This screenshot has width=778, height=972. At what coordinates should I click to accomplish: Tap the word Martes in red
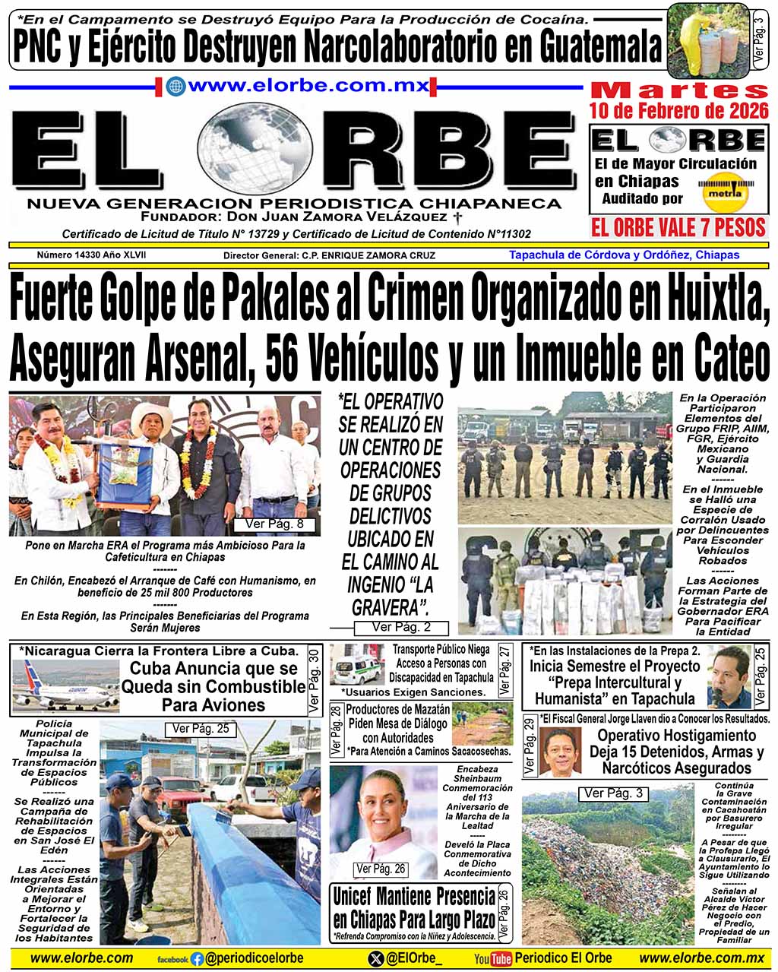click(678, 90)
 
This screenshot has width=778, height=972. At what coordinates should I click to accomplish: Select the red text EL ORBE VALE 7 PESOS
click(678, 227)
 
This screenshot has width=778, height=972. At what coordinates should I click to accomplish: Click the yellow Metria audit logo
click(723, 192)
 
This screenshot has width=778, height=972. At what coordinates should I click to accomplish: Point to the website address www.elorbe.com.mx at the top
click(308, 86)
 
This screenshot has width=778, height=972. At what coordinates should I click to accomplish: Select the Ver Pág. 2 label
click(401, 627)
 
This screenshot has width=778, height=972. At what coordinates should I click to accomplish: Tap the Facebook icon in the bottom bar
click(198, 959)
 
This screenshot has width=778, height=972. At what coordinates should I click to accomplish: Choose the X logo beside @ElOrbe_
click(375, 959)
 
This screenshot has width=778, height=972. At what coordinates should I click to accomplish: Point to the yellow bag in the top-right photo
click(691, 42)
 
